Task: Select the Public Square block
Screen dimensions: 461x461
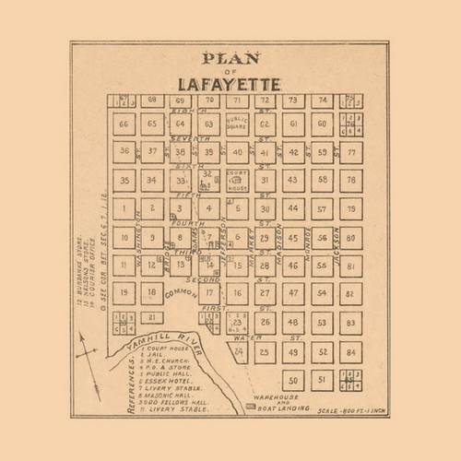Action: pyautogui.click(x=237, y=124)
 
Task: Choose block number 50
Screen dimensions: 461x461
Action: pyautogui.click(x=293, y=379)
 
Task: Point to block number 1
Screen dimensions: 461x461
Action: pyautogui.click(x=124, y=208)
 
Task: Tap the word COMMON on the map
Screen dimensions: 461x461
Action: pyautogui.click(x=181, y=293)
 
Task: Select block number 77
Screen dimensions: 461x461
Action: pyautogui.click(x=349, y=151)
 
